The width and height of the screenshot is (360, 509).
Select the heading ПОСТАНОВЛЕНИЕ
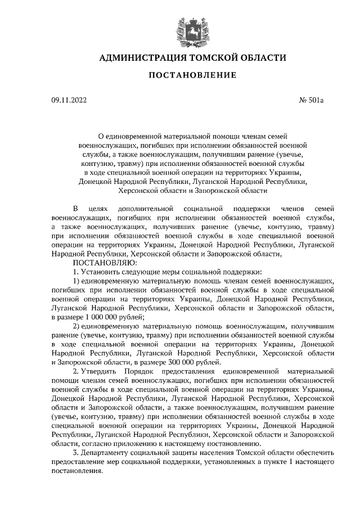point(192,75)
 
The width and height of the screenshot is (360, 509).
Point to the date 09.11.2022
point(69,100)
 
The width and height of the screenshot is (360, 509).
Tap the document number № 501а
point(312,100)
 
